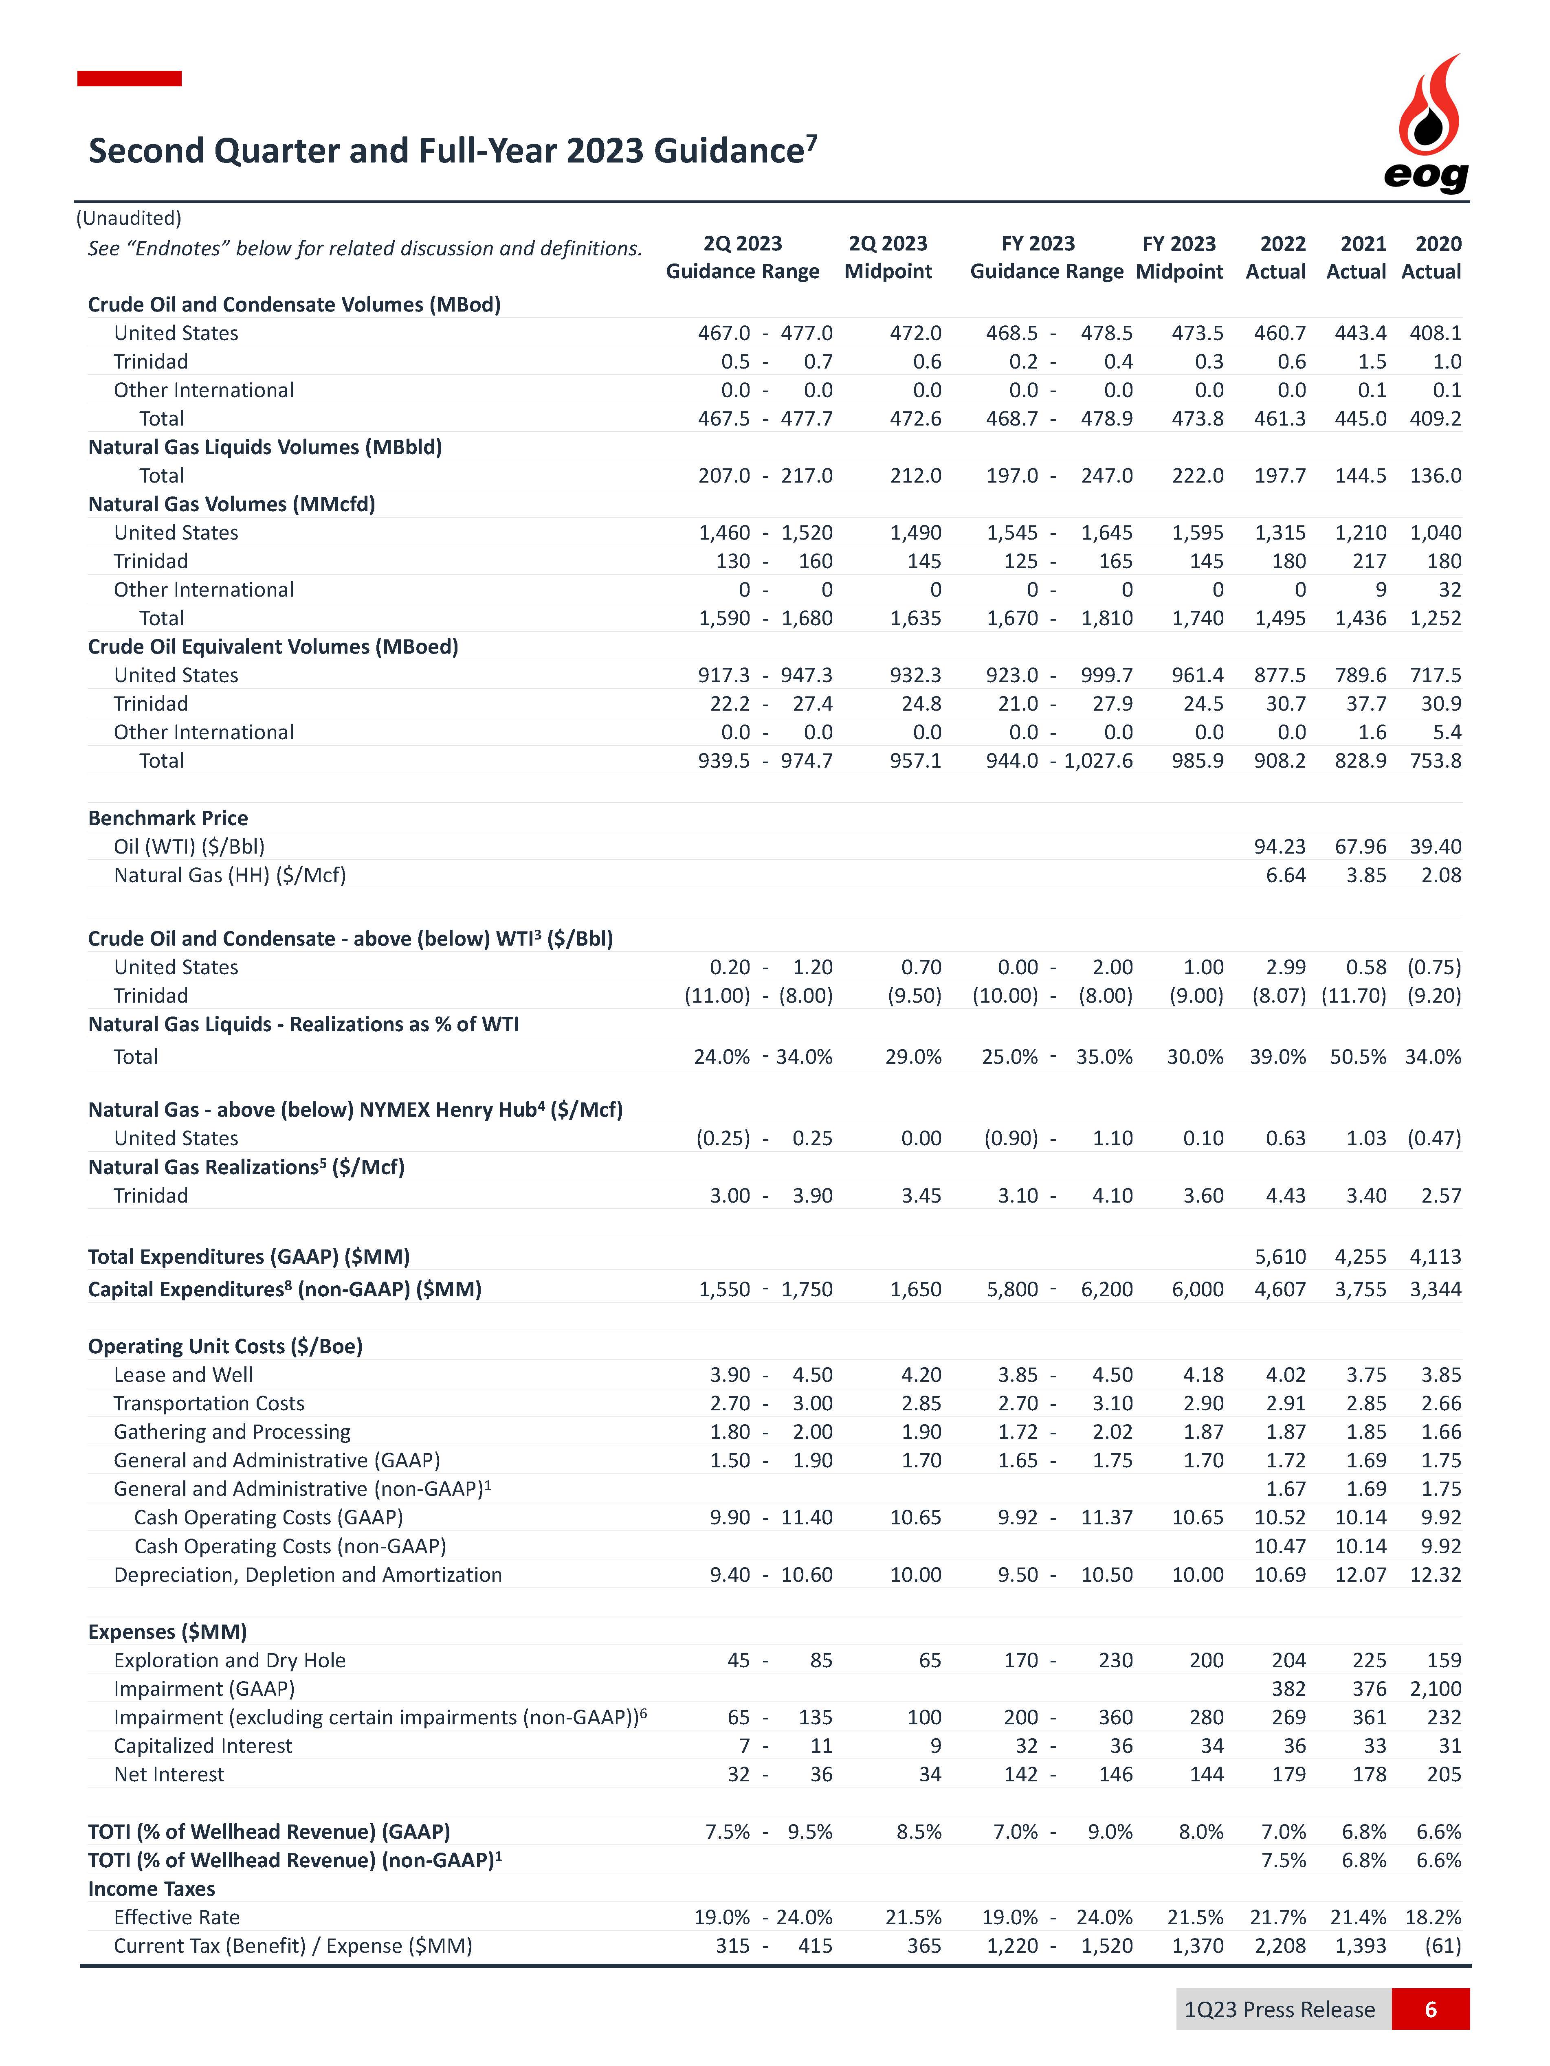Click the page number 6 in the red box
point(1429,2009)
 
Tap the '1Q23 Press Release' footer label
point(1279,2009)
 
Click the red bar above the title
point(129,79)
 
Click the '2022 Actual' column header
point(1276,258)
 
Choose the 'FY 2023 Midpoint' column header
point(1179,258)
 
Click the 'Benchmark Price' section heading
point(168,818)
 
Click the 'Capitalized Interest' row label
point(203,1745)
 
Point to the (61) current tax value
point(1442,1945)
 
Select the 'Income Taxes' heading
point(152,1888)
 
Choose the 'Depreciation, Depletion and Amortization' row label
point(308,1575)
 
